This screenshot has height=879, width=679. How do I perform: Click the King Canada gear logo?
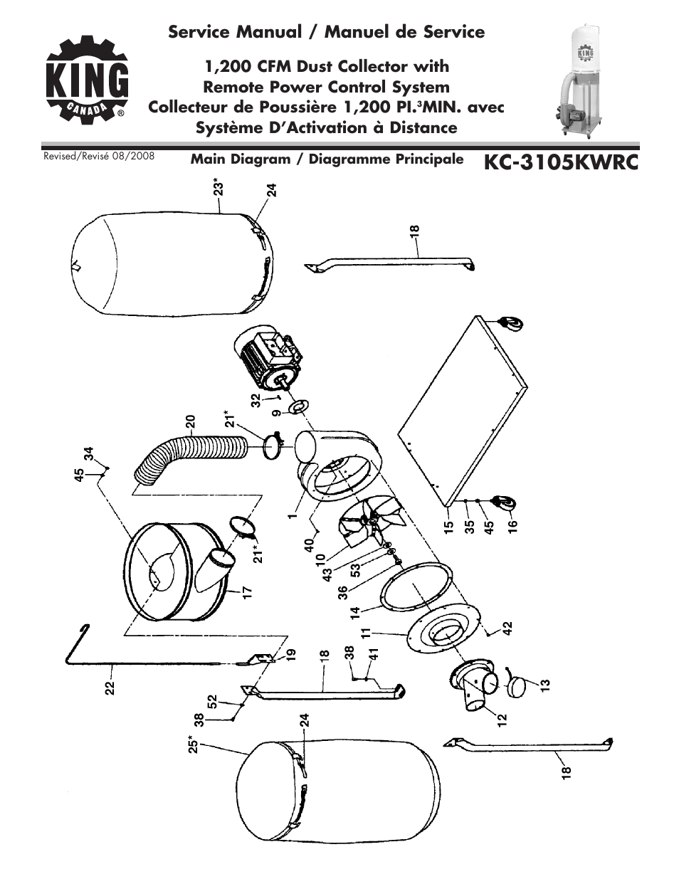pyautogui.click(x=88, y=80)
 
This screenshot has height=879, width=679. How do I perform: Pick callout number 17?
pyautogui.click(x=247, y=591)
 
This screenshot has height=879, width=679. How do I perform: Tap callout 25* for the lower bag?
pyautogui.click(x=193, y=745)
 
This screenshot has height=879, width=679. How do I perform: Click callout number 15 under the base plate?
pyautogui.click(x=448, y=527)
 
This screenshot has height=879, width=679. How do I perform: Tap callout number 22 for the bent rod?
pyautogui.click(x=110, y=688)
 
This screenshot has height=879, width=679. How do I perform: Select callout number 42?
pyautogui.click(x=507, y=628)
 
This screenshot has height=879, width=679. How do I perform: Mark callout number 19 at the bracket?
pyautogui.click(x=290, y=655)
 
